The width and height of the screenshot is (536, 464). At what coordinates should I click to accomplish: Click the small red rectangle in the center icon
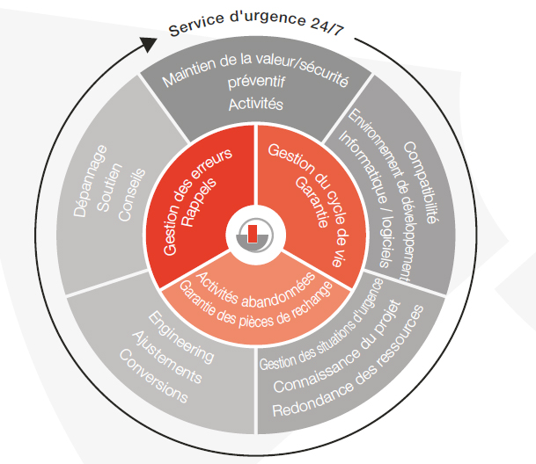254,233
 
